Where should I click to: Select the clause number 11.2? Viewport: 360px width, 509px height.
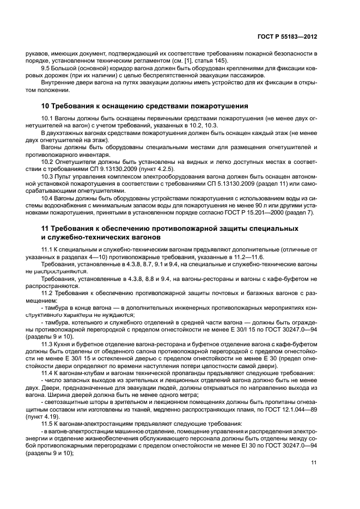48,292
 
